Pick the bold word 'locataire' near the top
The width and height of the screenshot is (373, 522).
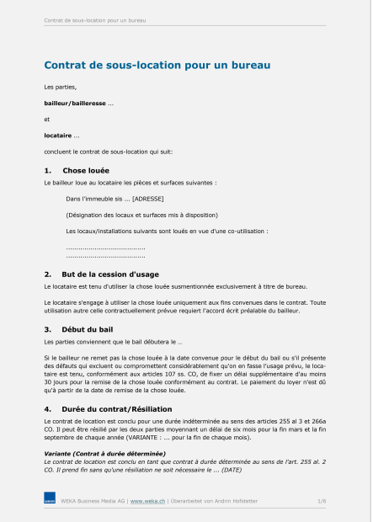click(58, 135)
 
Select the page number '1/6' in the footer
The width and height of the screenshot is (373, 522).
click(322, 501)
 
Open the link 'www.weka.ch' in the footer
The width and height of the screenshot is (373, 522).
click(147, 501)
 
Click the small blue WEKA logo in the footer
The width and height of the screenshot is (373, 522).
click(50, 501)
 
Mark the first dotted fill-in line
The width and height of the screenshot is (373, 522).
click(105, 248)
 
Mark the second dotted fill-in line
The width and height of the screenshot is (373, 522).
click(105, 255)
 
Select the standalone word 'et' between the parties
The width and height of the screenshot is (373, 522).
click(47, 119)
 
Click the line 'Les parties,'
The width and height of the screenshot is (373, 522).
click(60, 87)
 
